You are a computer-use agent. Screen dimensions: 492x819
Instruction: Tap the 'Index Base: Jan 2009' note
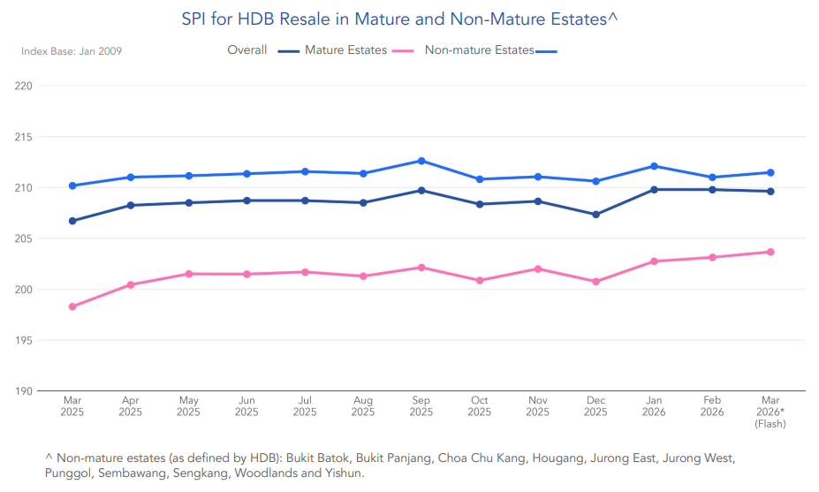point(72,51)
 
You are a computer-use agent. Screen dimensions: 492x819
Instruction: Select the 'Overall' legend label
point(247,50)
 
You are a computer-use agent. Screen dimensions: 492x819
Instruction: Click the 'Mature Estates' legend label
point(345,50)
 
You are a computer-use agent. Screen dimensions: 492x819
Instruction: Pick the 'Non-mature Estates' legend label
point(480,50)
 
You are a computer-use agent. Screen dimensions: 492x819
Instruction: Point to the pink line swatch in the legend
point(403,51)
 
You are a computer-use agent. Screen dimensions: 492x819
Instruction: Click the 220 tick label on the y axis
point(24,86)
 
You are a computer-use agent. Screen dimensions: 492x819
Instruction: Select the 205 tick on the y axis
point(24,238)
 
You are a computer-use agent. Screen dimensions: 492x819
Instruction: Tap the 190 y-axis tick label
point(24,391)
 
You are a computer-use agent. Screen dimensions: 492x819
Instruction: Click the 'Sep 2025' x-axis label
point(421,406)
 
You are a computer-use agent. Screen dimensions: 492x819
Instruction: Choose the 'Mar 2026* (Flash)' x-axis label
point(770,412)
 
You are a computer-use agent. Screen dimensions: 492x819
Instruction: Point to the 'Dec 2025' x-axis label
point(595,406)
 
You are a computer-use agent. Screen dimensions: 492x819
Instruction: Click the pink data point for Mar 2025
point(72,307)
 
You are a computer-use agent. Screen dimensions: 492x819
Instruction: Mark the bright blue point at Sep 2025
point(421,161)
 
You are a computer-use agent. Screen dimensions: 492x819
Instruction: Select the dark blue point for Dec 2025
point(595,215)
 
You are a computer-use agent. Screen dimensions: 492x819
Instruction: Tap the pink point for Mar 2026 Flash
point(770,252)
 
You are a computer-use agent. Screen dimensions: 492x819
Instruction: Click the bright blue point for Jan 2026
point(654,166)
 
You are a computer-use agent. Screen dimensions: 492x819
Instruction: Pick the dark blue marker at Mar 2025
point(72,221)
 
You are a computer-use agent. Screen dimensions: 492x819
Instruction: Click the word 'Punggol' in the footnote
point(67,473)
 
